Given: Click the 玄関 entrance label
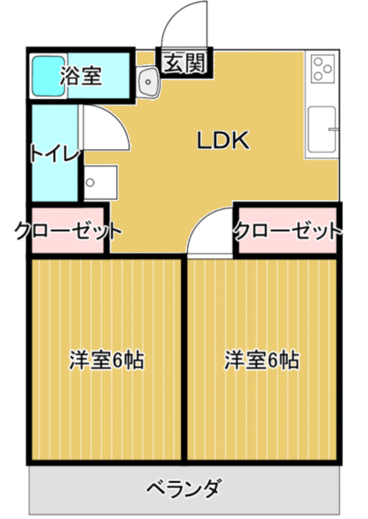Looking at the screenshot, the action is click(185, 63).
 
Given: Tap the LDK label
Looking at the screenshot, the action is click(223, 140).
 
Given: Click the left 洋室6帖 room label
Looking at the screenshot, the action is click(107, 360).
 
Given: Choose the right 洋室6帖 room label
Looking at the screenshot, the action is click(262, 360).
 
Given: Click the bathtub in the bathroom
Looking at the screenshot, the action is click(49, 76).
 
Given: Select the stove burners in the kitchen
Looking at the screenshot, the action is click(323, 69).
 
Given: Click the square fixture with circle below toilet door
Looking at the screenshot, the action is click(100, 182).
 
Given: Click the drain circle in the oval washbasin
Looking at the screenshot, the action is click(148, 82).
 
